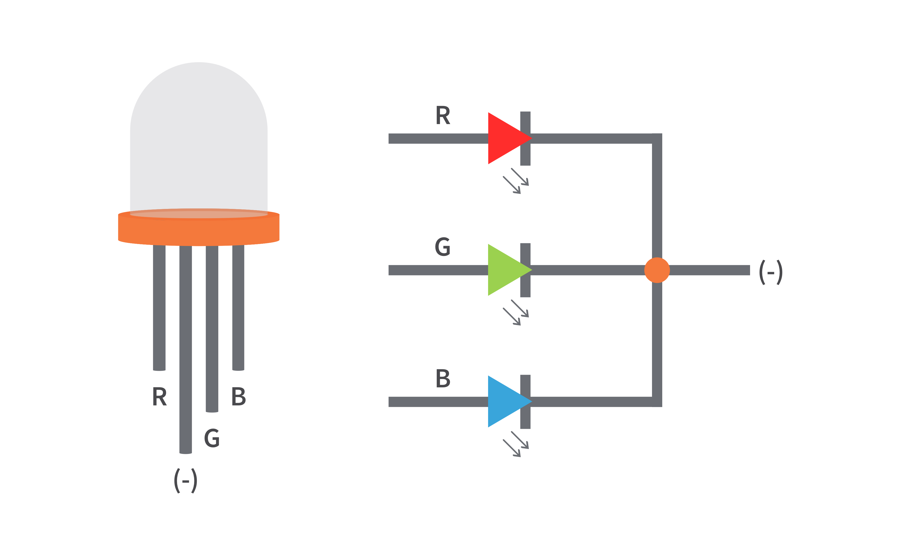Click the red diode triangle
(x=504, y=138)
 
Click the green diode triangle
(x=504, y=270)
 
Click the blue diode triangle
(x=504, y=401)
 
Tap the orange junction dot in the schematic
(x=657, y=270)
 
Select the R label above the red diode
(x=443, y=115)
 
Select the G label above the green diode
(x=442, y=246)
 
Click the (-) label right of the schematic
(x=771, y=272)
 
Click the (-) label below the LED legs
(x=185, y=481)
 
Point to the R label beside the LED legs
(x=160, y=397)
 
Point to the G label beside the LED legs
(x=212, y=438)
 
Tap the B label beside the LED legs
(x=239, y=397)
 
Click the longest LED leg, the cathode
(x=185, y=351)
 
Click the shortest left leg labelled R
(x=159, y=306)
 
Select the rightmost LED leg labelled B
(x=238, y=306)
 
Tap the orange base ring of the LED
(x=199, y=231)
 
